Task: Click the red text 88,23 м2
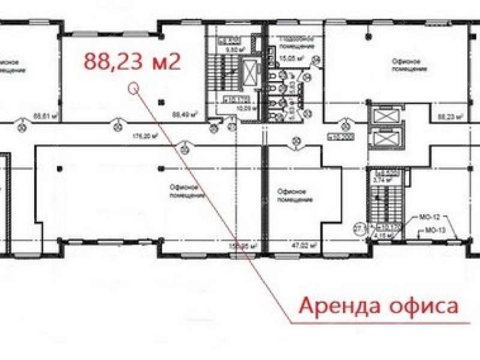tap(132, 62)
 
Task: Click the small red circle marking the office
tap(134, 90)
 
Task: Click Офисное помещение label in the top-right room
tap(409, 64)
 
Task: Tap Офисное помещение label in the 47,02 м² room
tap(293, 194)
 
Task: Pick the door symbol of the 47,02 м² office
tap(295, 142)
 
